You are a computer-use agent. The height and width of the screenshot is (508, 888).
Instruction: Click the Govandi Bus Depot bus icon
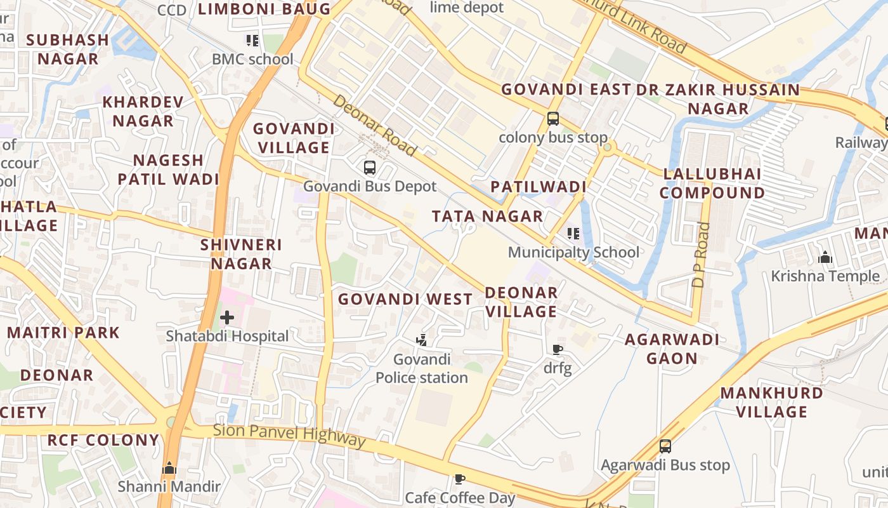tap(370, 168)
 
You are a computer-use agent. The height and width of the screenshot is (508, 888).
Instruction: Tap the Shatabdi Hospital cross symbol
tap(227, 317)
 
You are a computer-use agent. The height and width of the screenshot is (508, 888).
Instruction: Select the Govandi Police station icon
tap(422, 340)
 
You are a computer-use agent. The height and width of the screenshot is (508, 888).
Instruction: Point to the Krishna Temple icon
tap(825, 257)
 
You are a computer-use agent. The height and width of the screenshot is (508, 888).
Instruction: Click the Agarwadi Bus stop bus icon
tap(665, 446)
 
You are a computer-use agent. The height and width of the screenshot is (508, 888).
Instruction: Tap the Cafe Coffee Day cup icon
tap(460, 479)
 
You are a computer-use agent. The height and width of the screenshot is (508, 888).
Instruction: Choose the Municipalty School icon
tap(573, 234)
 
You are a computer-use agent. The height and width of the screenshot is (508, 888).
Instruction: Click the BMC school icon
tap(252, 41)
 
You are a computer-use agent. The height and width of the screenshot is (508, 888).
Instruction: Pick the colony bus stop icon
tap(553, 118)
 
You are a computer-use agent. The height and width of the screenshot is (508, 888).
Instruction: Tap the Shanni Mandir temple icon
tap(169, 469)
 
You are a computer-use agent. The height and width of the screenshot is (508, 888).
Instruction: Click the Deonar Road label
tap(374, 125)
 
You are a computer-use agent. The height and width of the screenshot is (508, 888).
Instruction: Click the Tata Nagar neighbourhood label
tap(487, 216)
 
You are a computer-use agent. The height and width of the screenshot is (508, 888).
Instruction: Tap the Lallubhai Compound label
tap(712, 183)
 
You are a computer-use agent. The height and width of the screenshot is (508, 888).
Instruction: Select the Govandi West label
tap(405, 298)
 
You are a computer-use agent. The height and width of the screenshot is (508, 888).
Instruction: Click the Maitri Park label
tap(63, 332)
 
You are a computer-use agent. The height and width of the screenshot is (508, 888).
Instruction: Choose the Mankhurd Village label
tap(772, 402)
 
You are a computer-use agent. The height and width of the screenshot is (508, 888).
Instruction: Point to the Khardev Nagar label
tap(143, 111)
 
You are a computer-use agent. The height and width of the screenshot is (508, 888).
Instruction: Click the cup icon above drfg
tap(558, 349)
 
